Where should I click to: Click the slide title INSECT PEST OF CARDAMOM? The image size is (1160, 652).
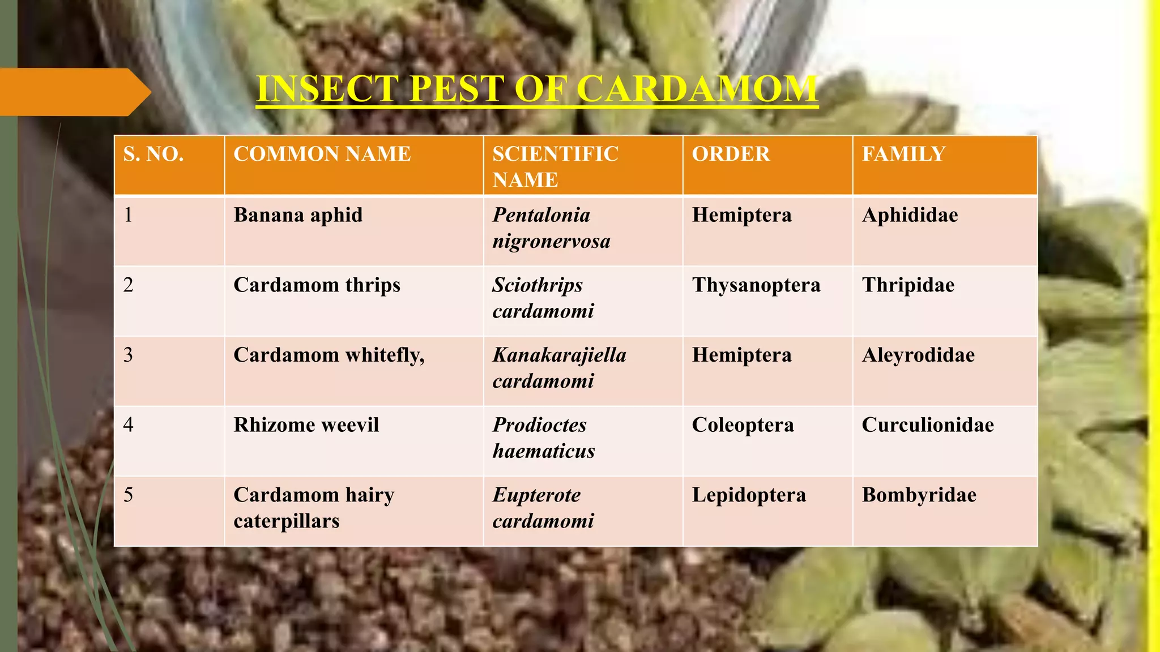click(x=536, y=89)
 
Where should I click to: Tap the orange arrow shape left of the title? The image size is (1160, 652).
click(x=74, y=92)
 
